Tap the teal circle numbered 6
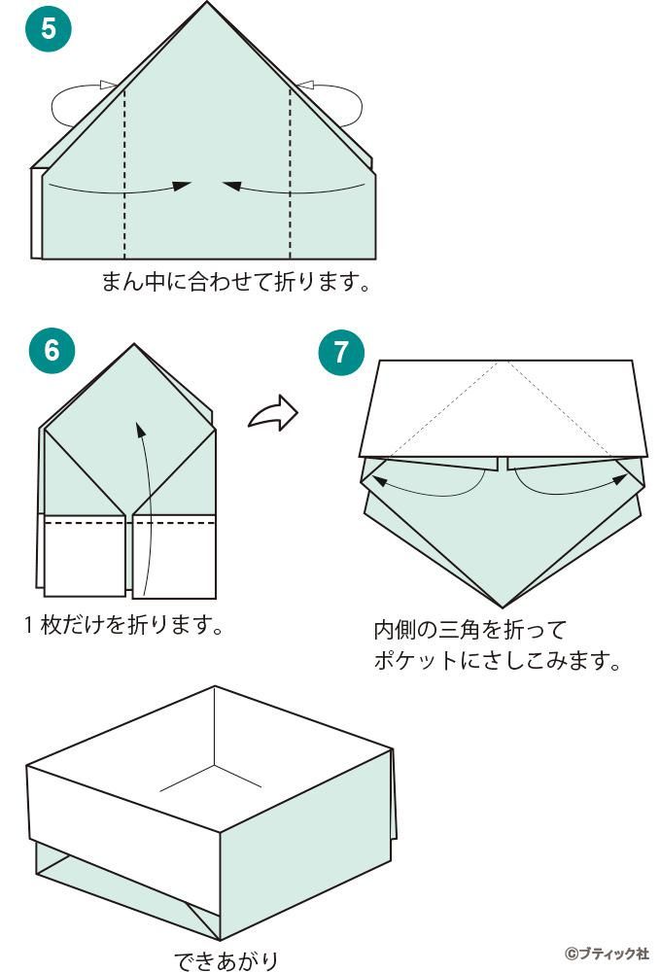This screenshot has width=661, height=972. click(x=52, y=350)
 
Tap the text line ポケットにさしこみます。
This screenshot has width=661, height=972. click(x=497, y=661)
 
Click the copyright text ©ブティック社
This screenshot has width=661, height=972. click(x=606, y=952)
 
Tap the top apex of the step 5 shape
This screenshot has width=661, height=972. click(x=207, y=4)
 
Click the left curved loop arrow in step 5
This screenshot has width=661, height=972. click(x=78, y=104)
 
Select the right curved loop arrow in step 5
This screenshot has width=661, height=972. click(x=336, y=104)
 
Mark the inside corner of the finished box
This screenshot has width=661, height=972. click(x=214, y=765)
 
